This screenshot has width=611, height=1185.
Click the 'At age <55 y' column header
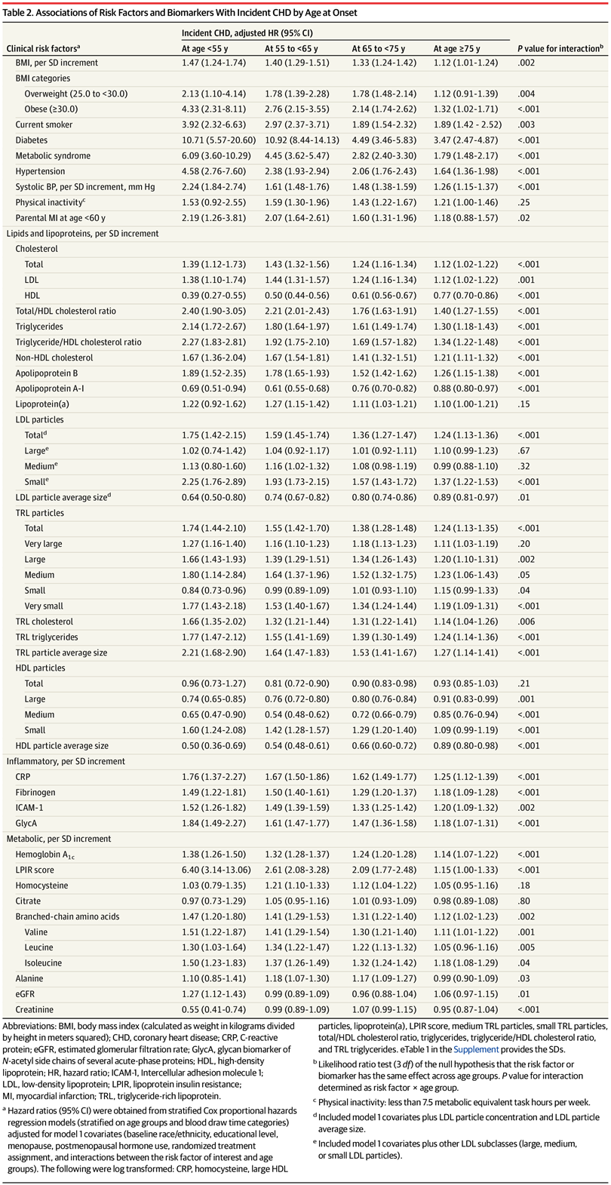[x=204, y=49]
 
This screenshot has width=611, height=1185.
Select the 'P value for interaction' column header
[x=560, y=49]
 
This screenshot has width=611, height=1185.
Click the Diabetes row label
[x=31, y=140]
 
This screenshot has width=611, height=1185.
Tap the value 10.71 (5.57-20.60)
[x=219, y=140]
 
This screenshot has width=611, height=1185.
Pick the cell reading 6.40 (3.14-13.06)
[x=216, y=870]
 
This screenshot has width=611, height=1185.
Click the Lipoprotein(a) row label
[x=41, y=404]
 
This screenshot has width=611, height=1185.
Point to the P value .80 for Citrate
[x=523, y=901]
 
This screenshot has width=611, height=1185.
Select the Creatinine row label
[x=35, y=1009]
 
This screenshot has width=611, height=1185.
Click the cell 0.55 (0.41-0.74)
[x=213, y=1009]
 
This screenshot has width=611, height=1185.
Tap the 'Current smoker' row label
[x=44, y=125]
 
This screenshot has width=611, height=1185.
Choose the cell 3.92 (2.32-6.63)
[x=213, y=125]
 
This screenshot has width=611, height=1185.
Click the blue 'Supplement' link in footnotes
[x=475, y=1049]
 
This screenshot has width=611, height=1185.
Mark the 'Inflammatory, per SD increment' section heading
[x=66, y=761]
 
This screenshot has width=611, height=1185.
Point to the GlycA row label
[x=26, y=823]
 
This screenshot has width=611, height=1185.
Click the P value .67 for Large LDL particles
[x=523, y=451]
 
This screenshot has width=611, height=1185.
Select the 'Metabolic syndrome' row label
[x=53, y=156]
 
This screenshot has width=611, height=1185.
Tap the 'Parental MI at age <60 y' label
[x=60, y=218]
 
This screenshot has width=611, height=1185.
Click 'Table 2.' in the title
[x=17, y=13]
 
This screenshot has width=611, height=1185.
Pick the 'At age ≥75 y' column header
[x=456, y=49]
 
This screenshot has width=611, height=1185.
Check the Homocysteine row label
[x=41, y=886]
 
